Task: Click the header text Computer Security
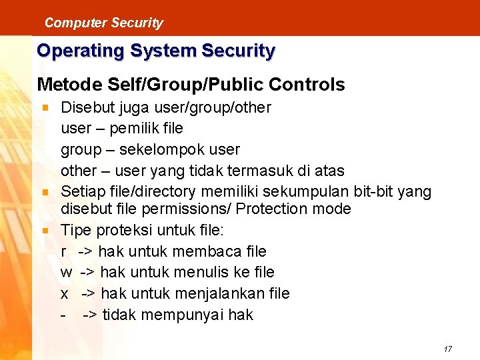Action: (103, 23)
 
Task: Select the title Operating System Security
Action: (155, 51)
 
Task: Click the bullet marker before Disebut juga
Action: (45, 107)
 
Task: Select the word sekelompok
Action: (161, 149)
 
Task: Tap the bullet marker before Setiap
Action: (45, 192)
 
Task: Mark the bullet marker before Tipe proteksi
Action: (45, 230)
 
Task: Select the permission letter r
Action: (64, 252)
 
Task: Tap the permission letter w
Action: (66, 273)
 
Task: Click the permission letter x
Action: (65, 294)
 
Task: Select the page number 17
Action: (447, 349)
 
